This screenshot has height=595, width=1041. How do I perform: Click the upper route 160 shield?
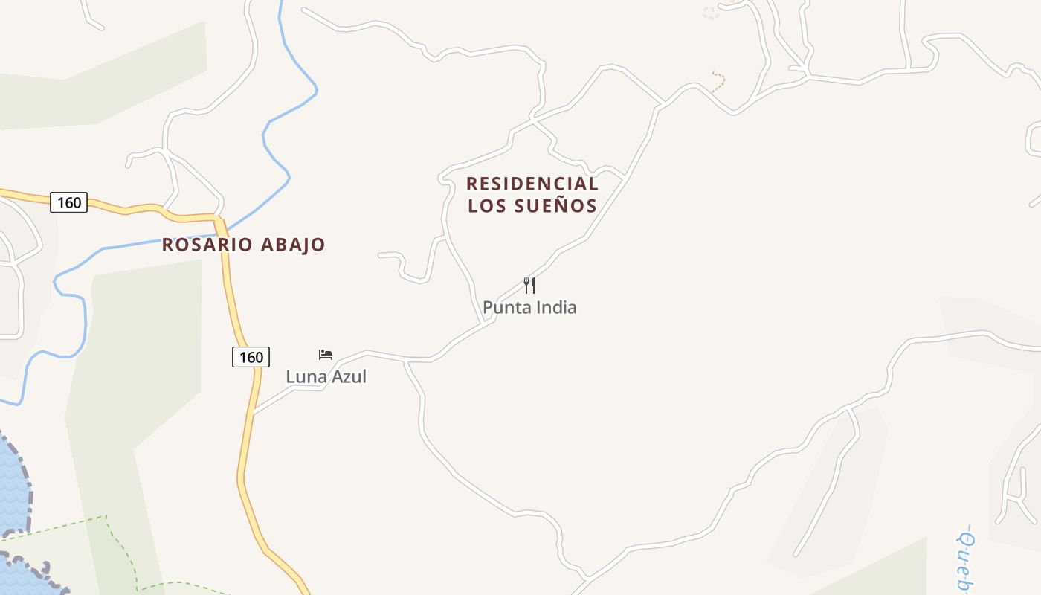point(68,202)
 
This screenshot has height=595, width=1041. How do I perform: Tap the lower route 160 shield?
point(251,357)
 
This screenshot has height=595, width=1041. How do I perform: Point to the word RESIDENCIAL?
point(532,184)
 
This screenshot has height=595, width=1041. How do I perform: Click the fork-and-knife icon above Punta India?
point(529,285)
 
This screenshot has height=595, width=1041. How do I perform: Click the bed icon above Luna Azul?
point(326,354)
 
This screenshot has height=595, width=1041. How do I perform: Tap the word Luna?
point(306,376)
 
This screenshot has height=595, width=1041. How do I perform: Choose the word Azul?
point(349,376)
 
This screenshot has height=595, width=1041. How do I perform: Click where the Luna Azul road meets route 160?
point(254,411)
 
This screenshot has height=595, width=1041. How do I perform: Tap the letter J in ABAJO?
point(302,245)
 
